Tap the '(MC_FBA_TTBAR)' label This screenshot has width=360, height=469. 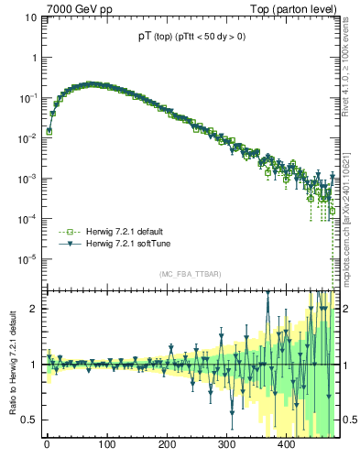(190, 275)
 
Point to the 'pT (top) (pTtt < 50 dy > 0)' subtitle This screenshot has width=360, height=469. (191, 37)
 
